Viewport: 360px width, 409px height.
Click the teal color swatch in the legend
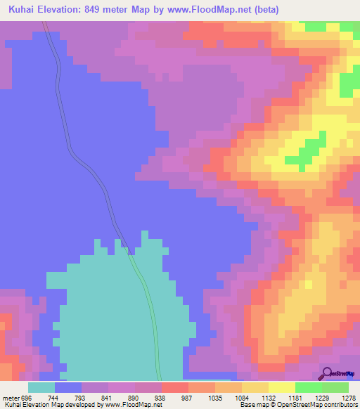[x=41, y=388]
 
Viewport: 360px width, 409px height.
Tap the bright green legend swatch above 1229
[x=308, y=388]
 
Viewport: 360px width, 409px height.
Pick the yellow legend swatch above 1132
[x=255, y=388]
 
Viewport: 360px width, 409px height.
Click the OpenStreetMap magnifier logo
[x=328, y=373]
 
